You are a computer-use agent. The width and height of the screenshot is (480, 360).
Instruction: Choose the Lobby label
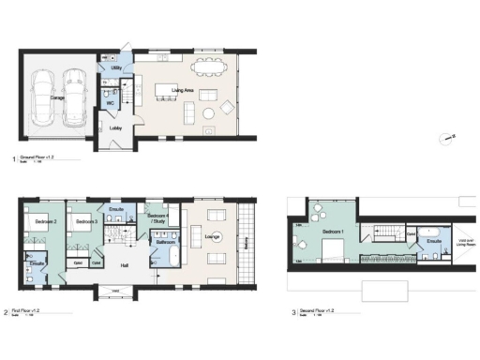[113, 128]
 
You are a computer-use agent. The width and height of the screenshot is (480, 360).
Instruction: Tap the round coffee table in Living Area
[207, 113]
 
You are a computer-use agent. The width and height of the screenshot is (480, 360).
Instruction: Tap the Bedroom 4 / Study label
[157, 218]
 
